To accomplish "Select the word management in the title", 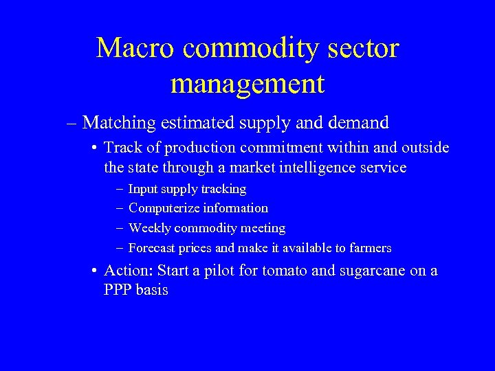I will pyautogui.click(x=247, y=84).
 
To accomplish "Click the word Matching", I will pyautogui.click(x=119, y=123).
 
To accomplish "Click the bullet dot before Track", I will pyautogui.click(x=95, y=148).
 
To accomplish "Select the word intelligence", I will pyautogui.click(x=317, y=167).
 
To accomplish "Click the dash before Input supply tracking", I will pyautogui.click(x=120, y=189).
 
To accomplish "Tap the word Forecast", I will pyautogui.click(x=153, y=248).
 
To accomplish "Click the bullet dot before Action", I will pyautogui.click(x=95, y=271).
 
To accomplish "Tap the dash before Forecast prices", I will pyautogui.click(x=120, y=248).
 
